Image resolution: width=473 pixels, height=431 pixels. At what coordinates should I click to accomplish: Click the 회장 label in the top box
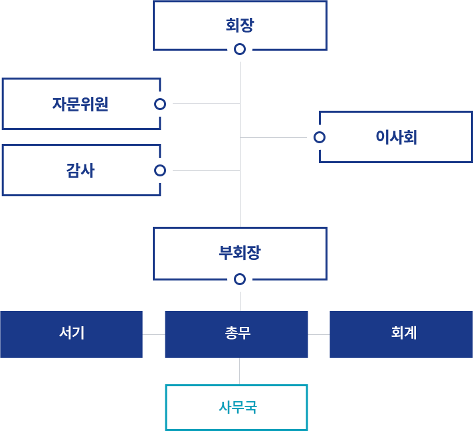pos(240,26)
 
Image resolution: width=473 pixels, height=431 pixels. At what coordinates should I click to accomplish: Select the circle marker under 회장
pos(240,49)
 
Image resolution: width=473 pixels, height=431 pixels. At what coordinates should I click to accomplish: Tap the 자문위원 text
pos(80,104)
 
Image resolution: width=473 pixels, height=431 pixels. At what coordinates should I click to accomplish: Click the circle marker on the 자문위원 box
pos(159,104)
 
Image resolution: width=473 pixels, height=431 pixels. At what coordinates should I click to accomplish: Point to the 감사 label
pos(80,170)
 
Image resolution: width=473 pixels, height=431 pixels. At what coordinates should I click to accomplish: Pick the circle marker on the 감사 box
pos(159,170)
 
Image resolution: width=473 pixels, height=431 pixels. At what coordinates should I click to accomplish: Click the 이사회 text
pos(396,137)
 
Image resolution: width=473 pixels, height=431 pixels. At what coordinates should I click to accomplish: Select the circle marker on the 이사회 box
pos(320,137)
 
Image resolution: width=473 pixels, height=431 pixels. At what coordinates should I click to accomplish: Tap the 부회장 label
pos(240,253)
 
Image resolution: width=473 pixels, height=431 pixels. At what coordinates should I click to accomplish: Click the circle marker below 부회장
pos(240,278)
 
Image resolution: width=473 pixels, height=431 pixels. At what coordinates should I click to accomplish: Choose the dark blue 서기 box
pos(71,334)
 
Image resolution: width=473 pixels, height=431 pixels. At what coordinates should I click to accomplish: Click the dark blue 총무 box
pos(236,334)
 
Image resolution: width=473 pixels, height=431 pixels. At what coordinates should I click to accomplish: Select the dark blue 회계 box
pos(401,334)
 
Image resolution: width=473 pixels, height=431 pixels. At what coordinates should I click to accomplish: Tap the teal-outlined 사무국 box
pos(236,407)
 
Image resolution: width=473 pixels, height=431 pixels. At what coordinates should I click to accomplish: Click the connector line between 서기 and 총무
pos(153,334)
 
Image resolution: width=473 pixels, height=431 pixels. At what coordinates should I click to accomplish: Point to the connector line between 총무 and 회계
pos(319,334)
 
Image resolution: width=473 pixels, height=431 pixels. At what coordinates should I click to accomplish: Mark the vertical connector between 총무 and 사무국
pos(240,371)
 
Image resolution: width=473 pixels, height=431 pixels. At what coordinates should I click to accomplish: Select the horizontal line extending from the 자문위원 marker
pos(206,104)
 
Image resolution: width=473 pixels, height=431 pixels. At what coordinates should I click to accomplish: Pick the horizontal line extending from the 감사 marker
pos(206,170)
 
